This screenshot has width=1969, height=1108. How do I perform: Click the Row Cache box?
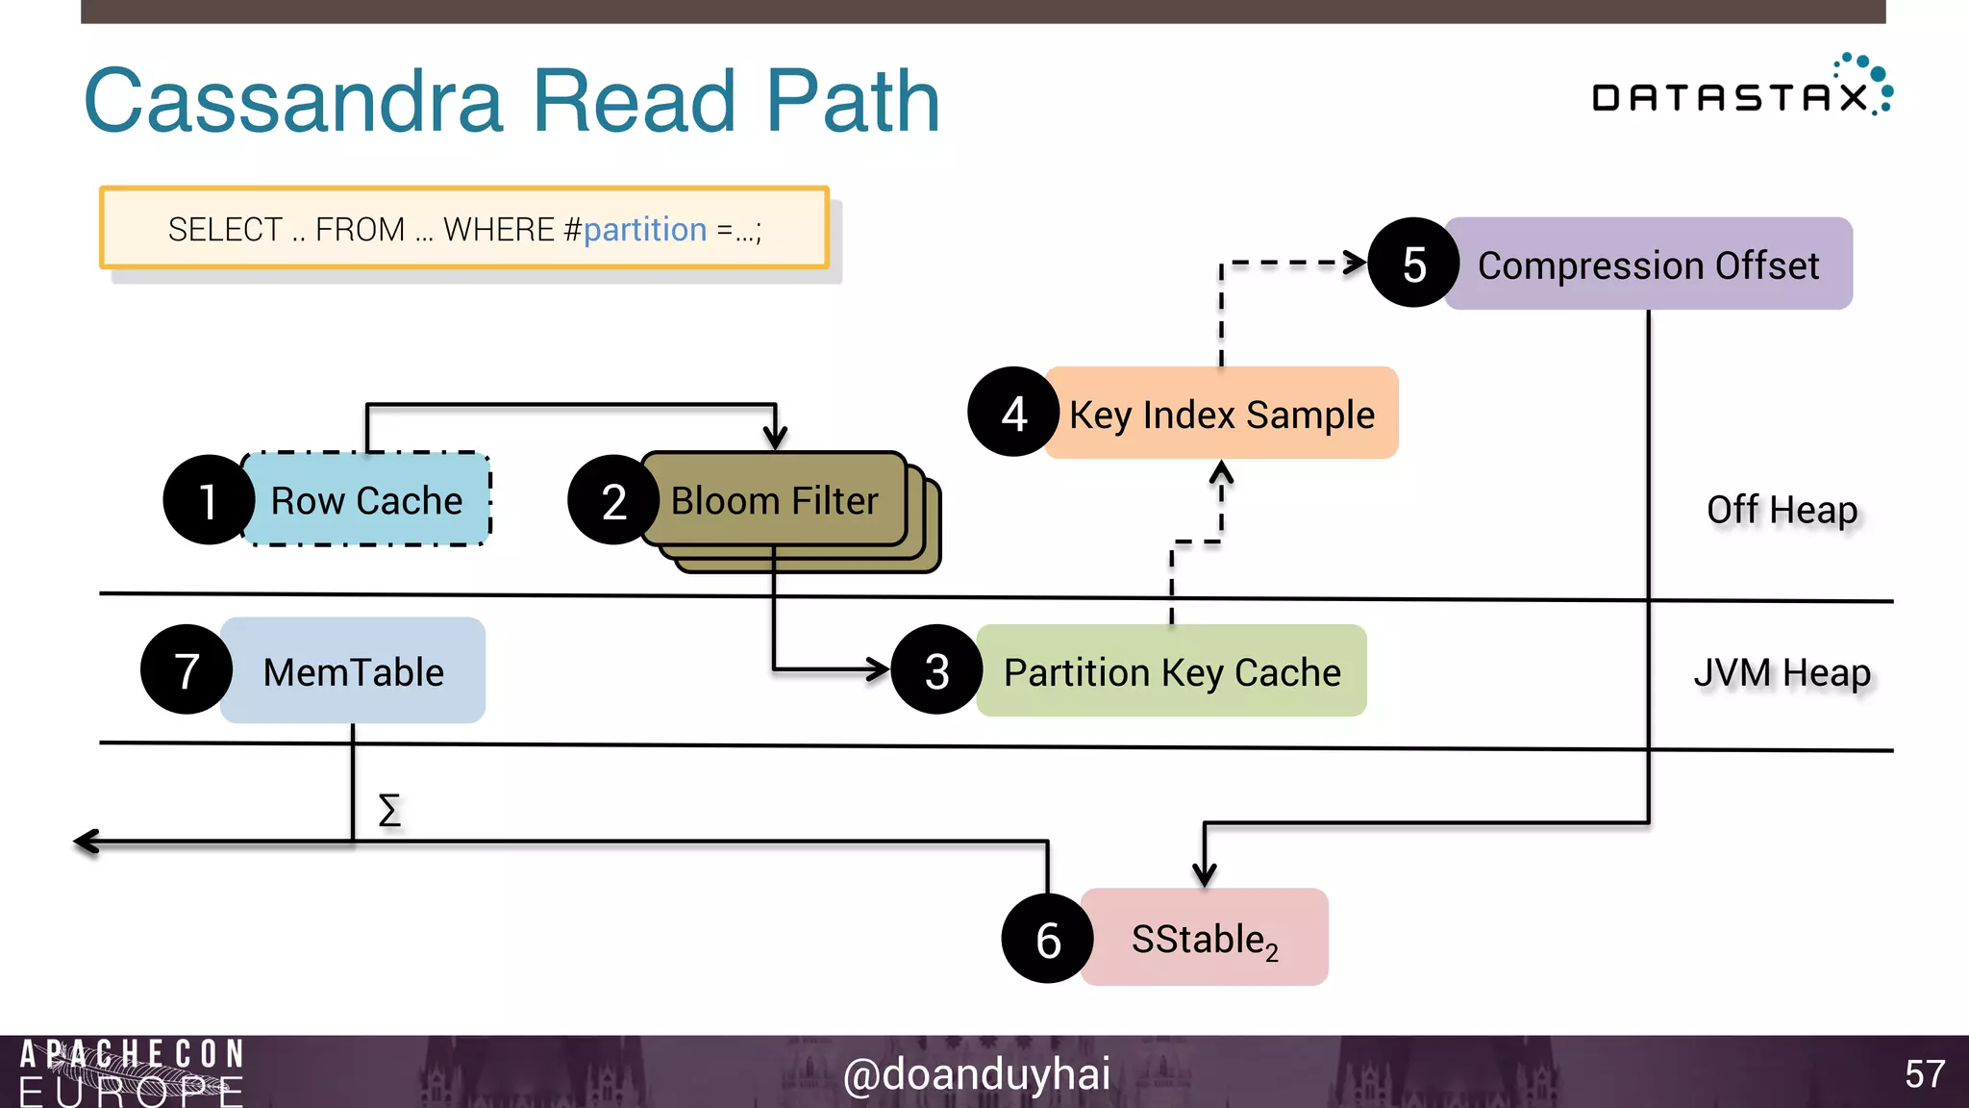pyautogui.click(x=366, y=500)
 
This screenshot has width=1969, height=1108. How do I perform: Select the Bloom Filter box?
pyautogui.click(x=775, y=501)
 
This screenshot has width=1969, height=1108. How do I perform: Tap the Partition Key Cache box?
pyautogui.click(x=1171, y=671)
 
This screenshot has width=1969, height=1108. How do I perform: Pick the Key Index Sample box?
pyautogui.click(x=1221, y=415)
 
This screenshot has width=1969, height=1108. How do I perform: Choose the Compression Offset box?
pyautogui.click(x=1648, y=264)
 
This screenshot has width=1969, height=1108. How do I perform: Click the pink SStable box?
pyautogui.click(x=1204, y=938)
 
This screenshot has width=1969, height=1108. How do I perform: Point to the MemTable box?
pyautogui.click(x=353, y=671)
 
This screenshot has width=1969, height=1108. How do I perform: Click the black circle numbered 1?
pyautogui.click(x=208, y=500)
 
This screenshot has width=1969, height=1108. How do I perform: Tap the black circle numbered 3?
pyautogui.click(x=936, y=670)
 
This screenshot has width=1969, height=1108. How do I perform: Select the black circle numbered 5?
pyautogui.click(x=1413, y=264)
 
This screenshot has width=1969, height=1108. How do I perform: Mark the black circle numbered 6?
pyautogui.click(x=1047, y=939)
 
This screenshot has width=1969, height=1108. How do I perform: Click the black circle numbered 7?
pyautogui.click(x=187, y=670)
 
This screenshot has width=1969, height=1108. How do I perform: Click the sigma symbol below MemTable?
pyautogui.click(x=389, y=810)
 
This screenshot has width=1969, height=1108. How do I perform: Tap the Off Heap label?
pyautogui.click(x=1782, y=509)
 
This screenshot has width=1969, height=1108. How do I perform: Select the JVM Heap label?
pyautogui.click(x=1782, y=672)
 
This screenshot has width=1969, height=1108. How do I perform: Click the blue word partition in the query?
pyautogui.click(x=644, y=230)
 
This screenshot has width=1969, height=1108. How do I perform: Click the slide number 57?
pyautogui.click(x=1924, y=1073)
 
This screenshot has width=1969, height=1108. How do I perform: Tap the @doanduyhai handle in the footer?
pyautogui.click(x=976, y=1073)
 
